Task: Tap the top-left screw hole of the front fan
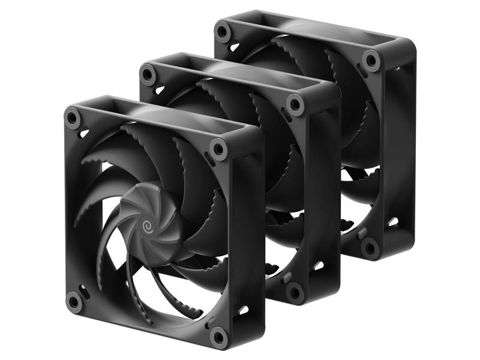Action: (x=73, y=118)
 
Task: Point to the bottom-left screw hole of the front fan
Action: (x=74, y=301)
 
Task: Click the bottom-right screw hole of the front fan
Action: (x=219, y=336)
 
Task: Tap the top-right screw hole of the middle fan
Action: (x=295, y=104)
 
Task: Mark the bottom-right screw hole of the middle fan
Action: (x=295, y=292)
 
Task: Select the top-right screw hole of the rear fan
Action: (x=371, y=60)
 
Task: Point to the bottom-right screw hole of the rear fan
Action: (x=370, y=247)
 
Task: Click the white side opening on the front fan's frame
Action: (x=243, y=310)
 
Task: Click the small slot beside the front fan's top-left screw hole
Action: (x=83, y=133)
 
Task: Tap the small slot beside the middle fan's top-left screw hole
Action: (x=159, y=89)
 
